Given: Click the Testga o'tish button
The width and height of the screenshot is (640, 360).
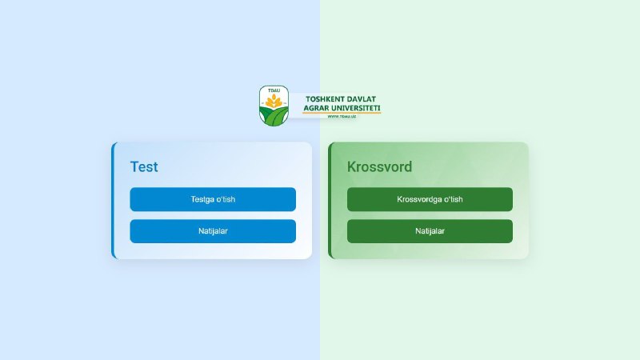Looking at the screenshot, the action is click(213, 199).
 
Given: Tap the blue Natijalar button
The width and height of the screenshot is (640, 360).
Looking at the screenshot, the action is click(213, 231).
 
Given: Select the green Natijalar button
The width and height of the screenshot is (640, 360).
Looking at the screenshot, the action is click(430, 231).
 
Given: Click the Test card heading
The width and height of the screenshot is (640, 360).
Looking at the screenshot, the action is click(144, 166).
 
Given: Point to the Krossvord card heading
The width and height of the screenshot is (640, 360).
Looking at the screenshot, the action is click(379, 166).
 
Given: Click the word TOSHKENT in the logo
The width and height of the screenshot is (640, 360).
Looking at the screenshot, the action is click(323, 99).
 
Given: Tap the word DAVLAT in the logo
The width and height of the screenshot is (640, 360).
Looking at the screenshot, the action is click(361, 99).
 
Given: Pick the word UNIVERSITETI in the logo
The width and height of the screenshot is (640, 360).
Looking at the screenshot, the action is click(355, 108).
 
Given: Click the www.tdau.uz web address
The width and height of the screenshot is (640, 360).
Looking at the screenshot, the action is click(342, 117).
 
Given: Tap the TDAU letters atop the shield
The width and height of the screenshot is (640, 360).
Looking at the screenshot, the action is click(274, 90).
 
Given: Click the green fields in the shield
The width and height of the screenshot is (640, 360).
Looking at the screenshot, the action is click(274, 117).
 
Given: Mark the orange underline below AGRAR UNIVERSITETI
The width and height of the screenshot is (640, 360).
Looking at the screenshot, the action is click(342, 113).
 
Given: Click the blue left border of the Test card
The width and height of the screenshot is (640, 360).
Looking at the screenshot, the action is click(114, 201).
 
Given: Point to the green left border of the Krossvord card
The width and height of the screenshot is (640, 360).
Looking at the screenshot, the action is click(330, 201).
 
